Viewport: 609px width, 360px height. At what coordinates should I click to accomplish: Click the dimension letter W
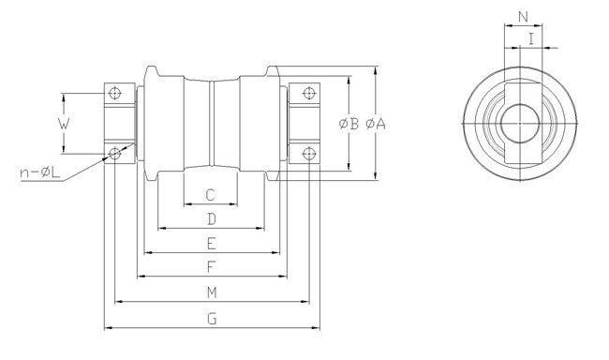[63, 122]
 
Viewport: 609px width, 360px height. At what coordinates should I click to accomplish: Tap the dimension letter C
[211, 195]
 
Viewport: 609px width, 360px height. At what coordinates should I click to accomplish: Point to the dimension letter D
[212, 219]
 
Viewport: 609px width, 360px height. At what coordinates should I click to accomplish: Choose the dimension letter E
[212, 244]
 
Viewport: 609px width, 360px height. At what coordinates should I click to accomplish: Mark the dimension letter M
[212, 292]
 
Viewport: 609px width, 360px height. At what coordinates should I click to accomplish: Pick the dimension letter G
[212, 318]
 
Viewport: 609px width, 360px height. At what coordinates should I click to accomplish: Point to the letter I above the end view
[532, 39]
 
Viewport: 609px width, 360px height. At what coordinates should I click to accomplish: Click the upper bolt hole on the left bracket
[114, 93]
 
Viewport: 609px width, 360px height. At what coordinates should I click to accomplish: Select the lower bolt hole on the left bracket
[114, 152]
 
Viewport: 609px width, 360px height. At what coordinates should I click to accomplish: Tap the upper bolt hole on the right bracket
[306, 93]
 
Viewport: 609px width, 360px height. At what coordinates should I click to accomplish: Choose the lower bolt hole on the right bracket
[306, 152]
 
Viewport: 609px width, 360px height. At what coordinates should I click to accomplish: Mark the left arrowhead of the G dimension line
[106, 328]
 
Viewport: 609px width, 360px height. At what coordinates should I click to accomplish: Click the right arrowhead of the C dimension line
[237, 205]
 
